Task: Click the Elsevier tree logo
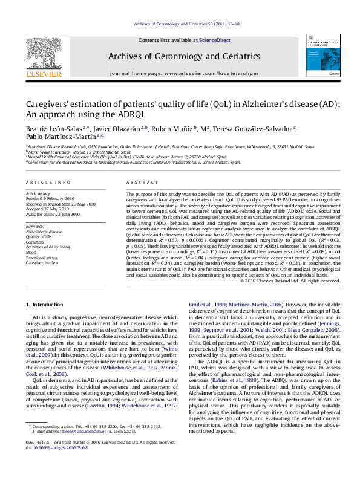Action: coord(43,52)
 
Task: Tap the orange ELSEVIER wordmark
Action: coord(43,75)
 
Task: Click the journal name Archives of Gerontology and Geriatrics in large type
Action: coord(184,56)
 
